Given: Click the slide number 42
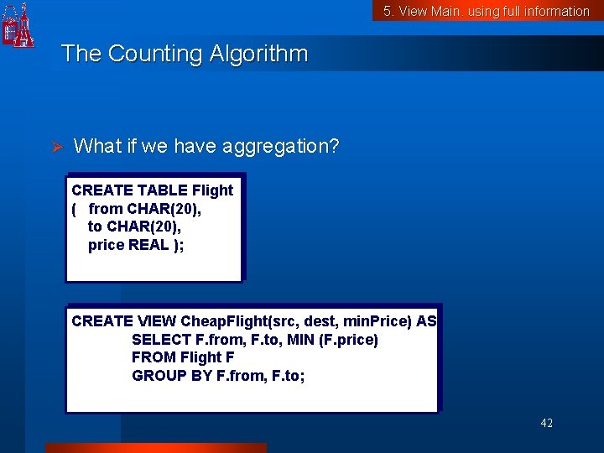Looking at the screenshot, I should [x=546, y=424].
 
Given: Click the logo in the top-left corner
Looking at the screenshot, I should [x=18, y=25].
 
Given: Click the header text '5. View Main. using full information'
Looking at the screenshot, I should [x=487, y=11].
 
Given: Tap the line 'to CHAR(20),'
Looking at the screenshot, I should [x=134, y=226].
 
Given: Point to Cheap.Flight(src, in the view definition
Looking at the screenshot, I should [x=236, y=321].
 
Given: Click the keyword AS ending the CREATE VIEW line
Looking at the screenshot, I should [x=426, y=321].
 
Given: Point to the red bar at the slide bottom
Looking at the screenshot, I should [x=155, y=448].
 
